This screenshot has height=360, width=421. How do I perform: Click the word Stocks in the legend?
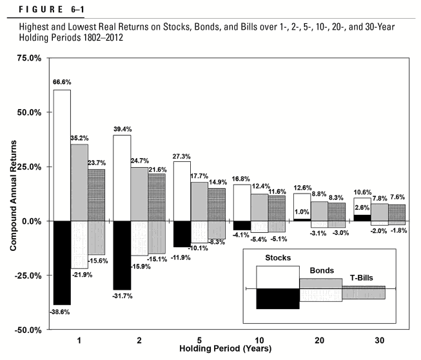(278, 258)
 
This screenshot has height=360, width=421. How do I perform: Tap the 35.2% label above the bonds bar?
(79, 137)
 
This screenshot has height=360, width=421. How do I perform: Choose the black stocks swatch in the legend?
(278, 298)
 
